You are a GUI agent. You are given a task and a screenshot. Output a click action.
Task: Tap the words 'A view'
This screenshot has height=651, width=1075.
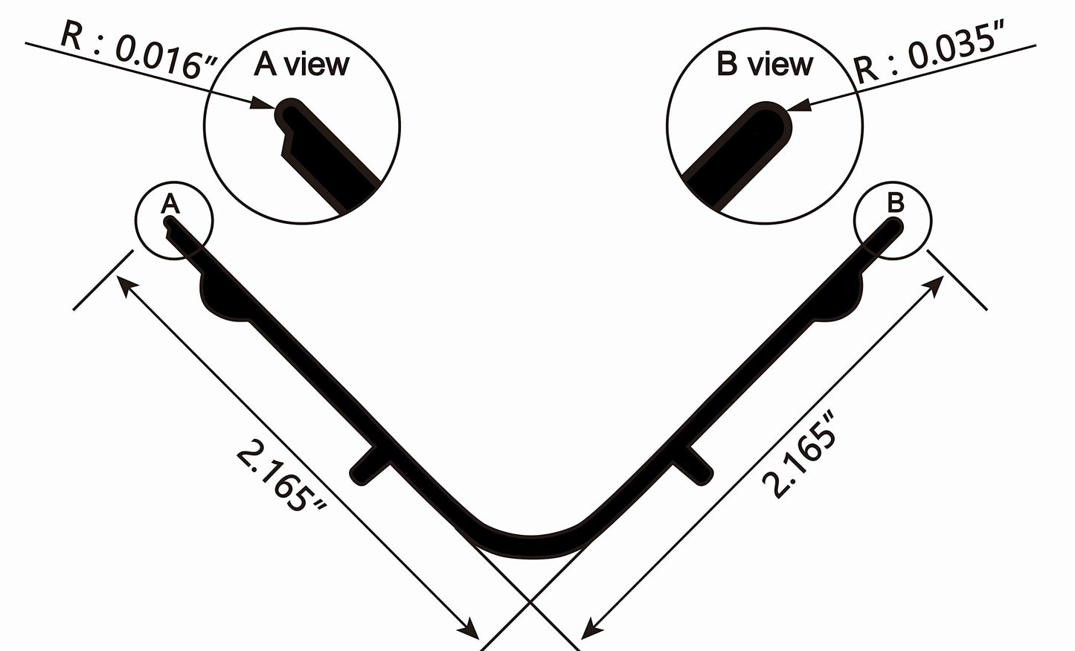(x=301, y=65)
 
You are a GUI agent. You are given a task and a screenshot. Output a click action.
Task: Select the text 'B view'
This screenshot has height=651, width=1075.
(x=764, y=65)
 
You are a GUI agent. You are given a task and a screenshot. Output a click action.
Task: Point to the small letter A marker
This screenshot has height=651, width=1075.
(x=170, y=203)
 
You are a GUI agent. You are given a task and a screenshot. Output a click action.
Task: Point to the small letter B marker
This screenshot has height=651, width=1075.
(x=896, y=202)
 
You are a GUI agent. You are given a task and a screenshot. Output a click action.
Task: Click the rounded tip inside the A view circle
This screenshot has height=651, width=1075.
(x=287, y=113)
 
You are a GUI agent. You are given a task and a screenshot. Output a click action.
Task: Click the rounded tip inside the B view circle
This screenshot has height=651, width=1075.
(x=774, y=119)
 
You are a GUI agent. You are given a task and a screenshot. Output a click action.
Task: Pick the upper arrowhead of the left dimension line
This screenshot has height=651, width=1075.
(x=126, y=287)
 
